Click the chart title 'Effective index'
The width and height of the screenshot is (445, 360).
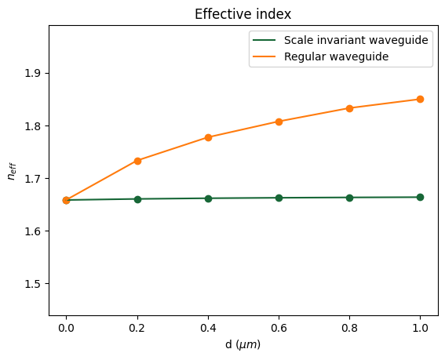coord(243,13)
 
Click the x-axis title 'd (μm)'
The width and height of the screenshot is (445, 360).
coord(243,345)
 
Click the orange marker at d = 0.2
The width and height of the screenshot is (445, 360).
coord(137,161)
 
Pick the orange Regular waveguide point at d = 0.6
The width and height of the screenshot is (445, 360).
coord(279,122)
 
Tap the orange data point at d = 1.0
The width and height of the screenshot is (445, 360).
coord(420,99)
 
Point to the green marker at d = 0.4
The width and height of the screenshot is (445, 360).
coord(208,198)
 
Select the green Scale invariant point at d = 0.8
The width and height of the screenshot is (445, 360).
coord(349,198)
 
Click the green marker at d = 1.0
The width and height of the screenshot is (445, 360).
coord(420,197)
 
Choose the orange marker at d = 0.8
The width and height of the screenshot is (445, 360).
coord(349,108)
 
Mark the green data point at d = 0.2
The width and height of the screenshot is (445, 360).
coord(137,199)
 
